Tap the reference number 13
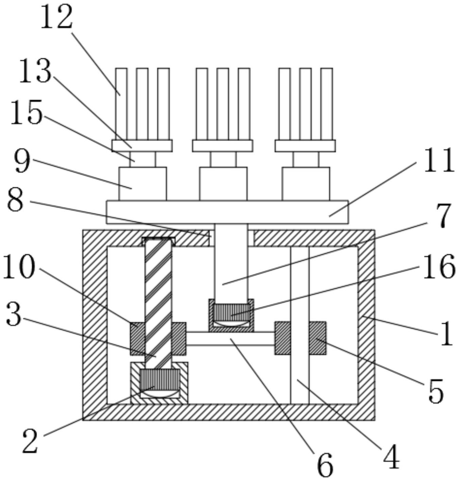35,71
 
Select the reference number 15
27,112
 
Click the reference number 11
439,160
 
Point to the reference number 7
442,216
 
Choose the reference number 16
439,267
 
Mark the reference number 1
446,333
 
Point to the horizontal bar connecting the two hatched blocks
230,339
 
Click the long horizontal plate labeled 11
227,212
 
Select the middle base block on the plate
223,183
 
